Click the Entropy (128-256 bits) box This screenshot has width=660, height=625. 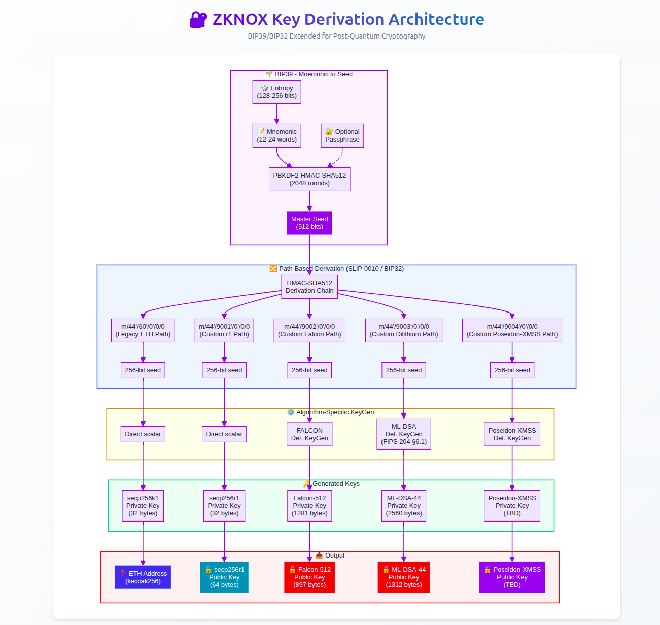click(x=276, y=92)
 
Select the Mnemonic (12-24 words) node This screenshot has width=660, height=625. click(x=276, y=135)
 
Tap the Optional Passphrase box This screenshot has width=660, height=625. click(x=342, y=135)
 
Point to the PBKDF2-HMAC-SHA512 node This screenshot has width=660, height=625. click(x=309, y=179)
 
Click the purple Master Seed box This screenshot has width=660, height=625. click(x=309, y=223)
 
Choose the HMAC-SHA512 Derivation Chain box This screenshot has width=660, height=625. click(x=309, y=287)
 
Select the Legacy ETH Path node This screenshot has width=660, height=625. click(x=143, y=330)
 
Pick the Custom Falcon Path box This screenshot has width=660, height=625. click(x=309, y=330)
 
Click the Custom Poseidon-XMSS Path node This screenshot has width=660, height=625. click(x=512, y=330)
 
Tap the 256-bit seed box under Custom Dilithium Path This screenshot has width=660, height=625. click(x=404, y=370)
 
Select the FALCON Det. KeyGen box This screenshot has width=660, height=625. click(x=309, y=434)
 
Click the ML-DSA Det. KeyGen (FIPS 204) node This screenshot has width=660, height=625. click(x=404, y=434)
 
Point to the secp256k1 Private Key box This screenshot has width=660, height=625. click(x=143, y=506)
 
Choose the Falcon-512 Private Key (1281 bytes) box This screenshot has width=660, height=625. click(x=309, y=506)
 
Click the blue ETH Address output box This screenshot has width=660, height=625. click(x=143, y=577)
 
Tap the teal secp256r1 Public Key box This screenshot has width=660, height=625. click(x=224, y=577)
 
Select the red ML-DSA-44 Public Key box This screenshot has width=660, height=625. click(x=404, y=577)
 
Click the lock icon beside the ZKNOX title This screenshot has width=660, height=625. click(x=198, y=20)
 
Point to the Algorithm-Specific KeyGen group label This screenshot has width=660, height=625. click(x=335, y=412)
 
